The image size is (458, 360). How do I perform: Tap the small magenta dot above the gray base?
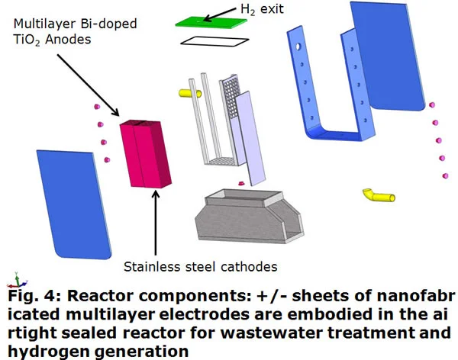pos(240,183)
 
